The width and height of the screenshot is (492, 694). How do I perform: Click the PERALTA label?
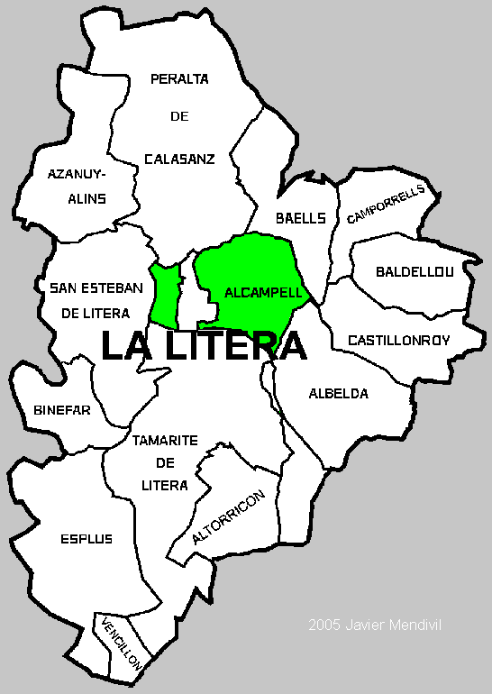(x=179, y=79)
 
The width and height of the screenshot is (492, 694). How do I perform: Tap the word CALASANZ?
(x=179, y=160)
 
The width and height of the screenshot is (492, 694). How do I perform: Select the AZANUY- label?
(x=77, y=173)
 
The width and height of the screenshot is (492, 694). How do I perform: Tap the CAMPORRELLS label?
(x=385, y=205)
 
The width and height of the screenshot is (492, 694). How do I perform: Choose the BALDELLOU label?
(x=415, y=271)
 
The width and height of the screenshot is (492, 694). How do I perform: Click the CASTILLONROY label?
(x=398, y=341)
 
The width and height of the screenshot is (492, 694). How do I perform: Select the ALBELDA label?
(x=338, y=394)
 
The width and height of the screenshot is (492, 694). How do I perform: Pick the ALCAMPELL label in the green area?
(x=251, y=293)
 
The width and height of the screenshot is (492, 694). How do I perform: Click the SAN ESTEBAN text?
(x=96, y=288)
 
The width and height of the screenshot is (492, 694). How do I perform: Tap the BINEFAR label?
(x=62, y=410)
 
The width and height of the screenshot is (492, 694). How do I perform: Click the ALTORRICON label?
(x=229, y=518)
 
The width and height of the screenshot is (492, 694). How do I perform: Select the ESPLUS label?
(x=87, y=539)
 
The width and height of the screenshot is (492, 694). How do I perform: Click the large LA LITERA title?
(x=203, y=346)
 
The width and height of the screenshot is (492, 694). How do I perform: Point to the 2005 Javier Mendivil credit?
(x=376, y=624)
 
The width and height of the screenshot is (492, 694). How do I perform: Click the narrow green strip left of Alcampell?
(x=165, y=295)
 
